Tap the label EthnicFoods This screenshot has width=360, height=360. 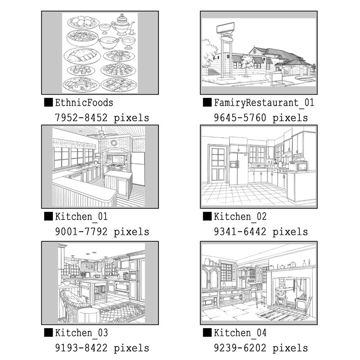click(84, 103)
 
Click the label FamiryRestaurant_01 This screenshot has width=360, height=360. click(264, 103)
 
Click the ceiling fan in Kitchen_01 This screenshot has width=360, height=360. click(102, 134)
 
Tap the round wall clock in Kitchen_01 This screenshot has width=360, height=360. click(114, 143)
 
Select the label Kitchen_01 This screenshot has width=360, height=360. click(81, 217)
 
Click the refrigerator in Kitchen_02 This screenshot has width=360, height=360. click(238, 168)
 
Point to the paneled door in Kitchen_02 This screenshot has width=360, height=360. click(216, 164)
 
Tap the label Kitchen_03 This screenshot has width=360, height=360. click(81, 333)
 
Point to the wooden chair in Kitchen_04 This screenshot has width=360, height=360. click(261, 298)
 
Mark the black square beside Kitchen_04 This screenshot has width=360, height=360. click(207, 333)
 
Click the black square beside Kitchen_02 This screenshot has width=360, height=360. click(207, 216)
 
